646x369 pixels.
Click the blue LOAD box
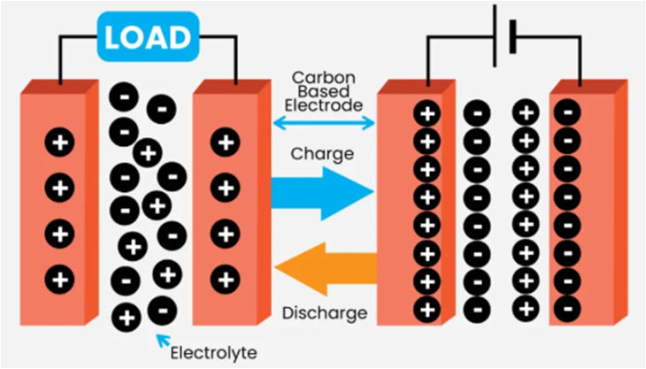(149, 36)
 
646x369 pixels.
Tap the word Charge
(322, 155)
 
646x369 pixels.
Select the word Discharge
(325, 313)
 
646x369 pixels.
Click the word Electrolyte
(214, 353)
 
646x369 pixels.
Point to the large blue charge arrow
(322, 193)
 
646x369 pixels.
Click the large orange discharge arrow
(326, 269)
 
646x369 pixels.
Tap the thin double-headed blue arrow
(324, 122)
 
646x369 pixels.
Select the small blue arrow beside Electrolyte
(164, 341)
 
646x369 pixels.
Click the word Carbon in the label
(323, 77)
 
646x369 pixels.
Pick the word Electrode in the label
(323, 105)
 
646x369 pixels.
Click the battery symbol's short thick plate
(513, 36)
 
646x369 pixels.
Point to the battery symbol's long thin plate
(495, 35)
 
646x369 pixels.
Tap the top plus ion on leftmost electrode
(60, 142)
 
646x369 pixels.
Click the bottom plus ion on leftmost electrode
(60, 280)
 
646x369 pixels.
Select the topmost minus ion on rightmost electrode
(567, 112)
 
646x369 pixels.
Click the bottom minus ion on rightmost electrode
(567, 309)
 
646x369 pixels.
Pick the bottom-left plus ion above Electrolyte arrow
(127, 318)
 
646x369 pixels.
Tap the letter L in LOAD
(113, 37)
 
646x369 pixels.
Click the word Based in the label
(323, 91)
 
